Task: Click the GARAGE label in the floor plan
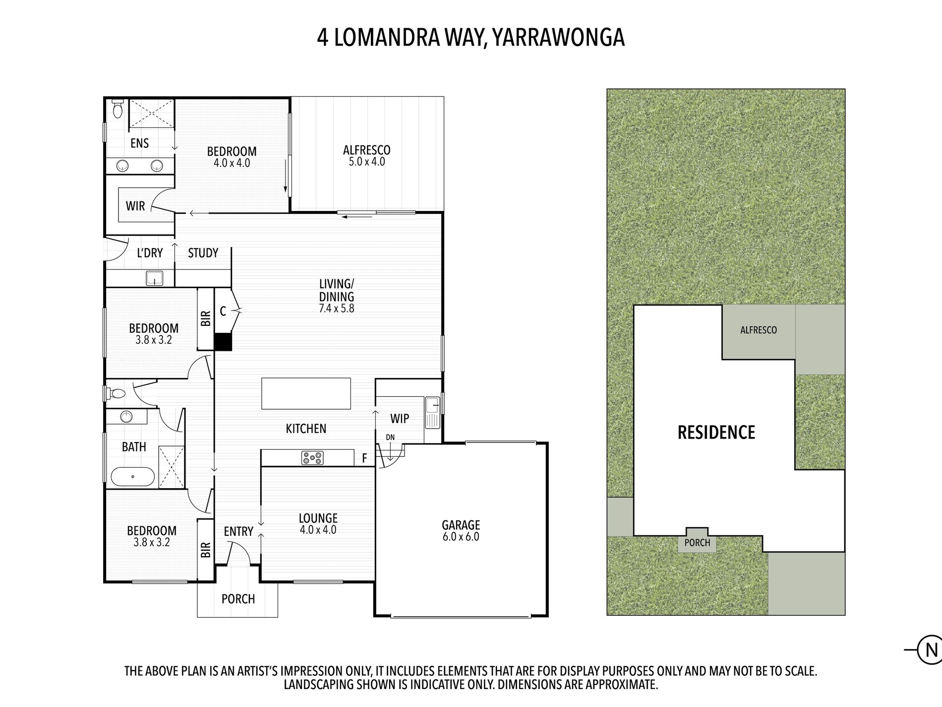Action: [x=461, y=524]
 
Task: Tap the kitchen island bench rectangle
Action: [x=306, y=393]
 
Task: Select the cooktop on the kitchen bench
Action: [x=312, y=458]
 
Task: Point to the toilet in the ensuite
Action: [x=118, y=109]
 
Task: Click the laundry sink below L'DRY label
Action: [x=155, y=278]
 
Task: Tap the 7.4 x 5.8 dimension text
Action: [x=337, y=308]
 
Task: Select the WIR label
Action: [x=135, y=206]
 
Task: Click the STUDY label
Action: [x=203, y=253]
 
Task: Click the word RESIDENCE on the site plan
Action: [x=716, y=432]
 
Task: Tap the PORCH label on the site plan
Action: [x=697, y=543]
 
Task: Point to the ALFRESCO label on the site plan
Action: [x=758, y=330]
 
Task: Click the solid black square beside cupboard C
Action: [x=223, y=342]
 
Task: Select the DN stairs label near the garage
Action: [x=391, y=437]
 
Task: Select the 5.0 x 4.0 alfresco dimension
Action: [x=366, y=162]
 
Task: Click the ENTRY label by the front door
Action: [x=238, y=531]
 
